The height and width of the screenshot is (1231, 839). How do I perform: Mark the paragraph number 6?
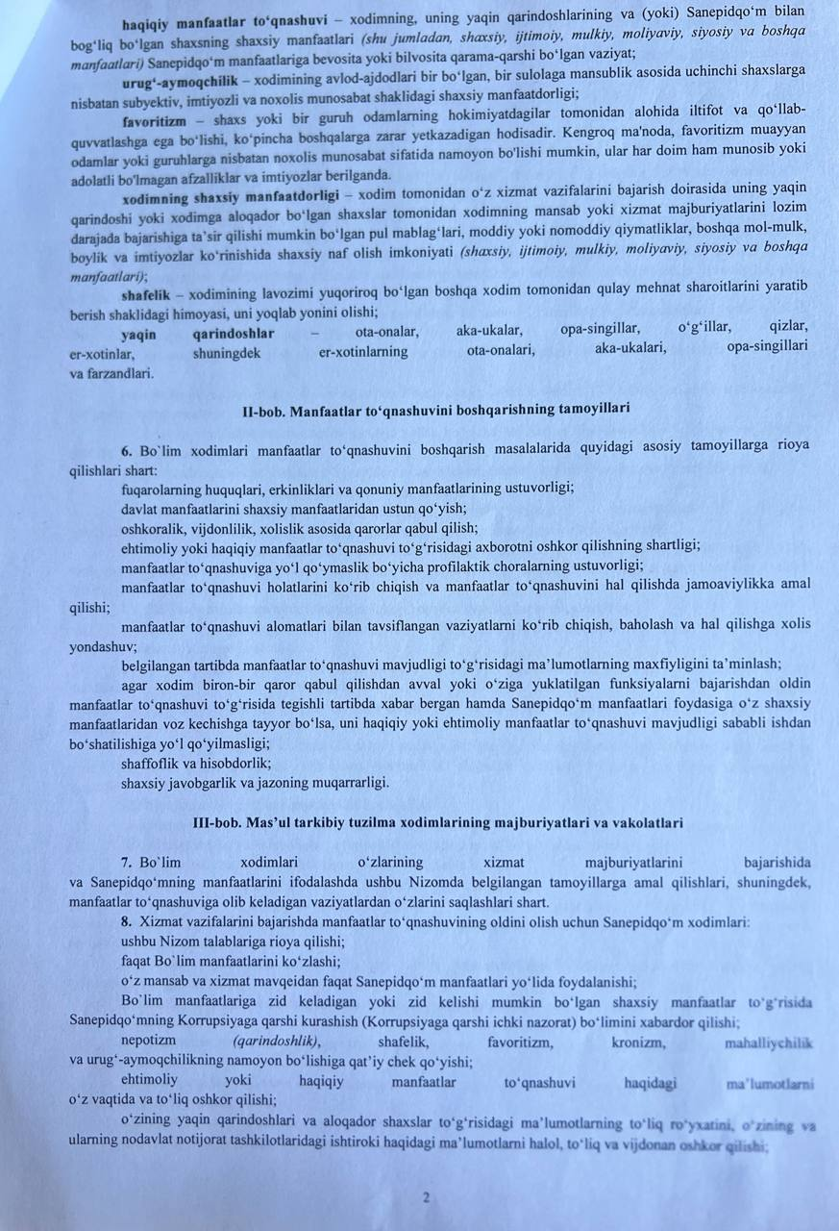point(126,447)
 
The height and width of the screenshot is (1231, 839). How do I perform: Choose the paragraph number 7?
point(126,863)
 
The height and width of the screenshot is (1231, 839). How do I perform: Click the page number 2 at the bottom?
point(424,1197)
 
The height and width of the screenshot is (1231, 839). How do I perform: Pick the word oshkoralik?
point(155,527)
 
